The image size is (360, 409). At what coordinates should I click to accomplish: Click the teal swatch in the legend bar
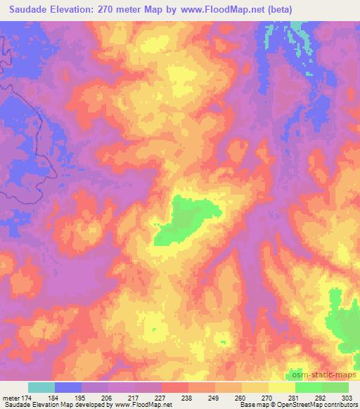41,387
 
